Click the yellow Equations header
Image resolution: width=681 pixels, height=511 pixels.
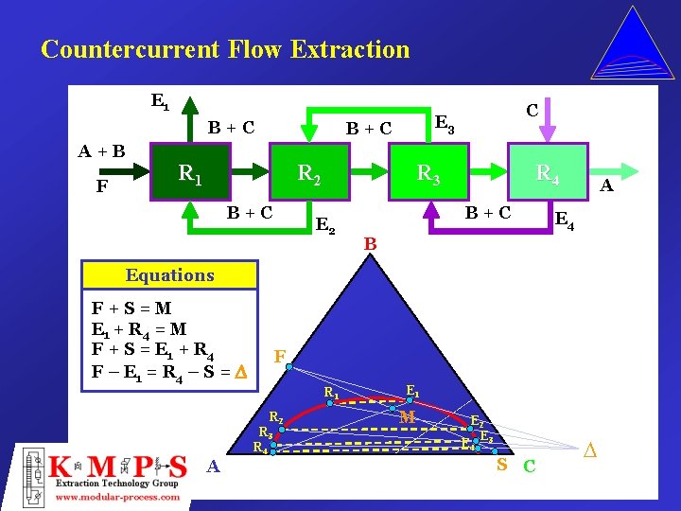(x=170, y=275)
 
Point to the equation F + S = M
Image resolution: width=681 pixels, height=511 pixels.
(x=131, y=308)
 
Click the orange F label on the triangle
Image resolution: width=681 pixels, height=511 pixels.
(x=280, y=358)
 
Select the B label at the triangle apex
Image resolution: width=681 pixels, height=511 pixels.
(x=371, y=245)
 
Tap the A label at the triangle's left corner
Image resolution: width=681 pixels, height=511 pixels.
(x=214, y=467)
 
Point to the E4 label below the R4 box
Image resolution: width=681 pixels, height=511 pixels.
(x=564, y=221)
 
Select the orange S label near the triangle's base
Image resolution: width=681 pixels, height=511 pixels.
(x=502, y=465)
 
